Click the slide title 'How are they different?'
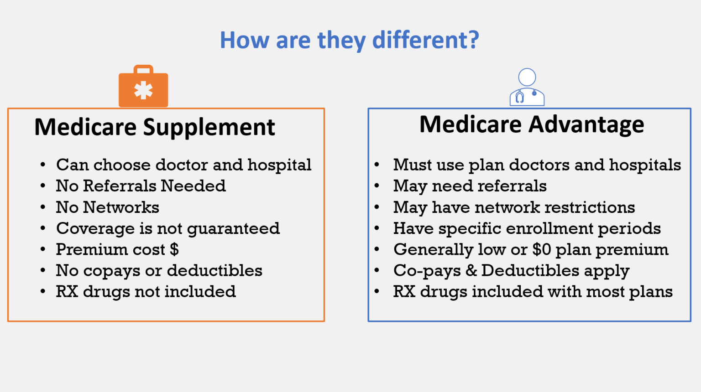pos(350,40)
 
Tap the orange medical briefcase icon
pos(143,87)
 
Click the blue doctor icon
pos(527,88)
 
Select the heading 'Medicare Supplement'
pos(155,127)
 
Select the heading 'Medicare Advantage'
pos(532,124)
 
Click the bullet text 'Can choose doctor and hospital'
pos(183,165)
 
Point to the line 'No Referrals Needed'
pos(141,186)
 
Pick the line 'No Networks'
pos(107,207)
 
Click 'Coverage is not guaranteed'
pos(167,228)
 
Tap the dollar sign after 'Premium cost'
pos(174,249)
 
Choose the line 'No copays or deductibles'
pos(159,271)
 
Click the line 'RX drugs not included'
pos(146,292)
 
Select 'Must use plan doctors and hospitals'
pos(537,165)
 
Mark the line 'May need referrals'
pos(470,186)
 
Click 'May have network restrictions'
pos(514,207)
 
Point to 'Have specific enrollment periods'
pos(527,228)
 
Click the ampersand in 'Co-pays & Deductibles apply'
pos(471,271)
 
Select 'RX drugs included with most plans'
pos(533,292)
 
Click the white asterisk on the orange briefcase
pos(143,90)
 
